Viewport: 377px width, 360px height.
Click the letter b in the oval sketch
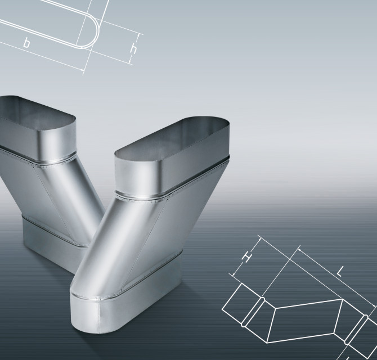click(x=26, y=43)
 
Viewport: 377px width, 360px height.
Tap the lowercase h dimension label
click(x=133, y=49)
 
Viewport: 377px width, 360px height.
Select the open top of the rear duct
click(x=36, y=110)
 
